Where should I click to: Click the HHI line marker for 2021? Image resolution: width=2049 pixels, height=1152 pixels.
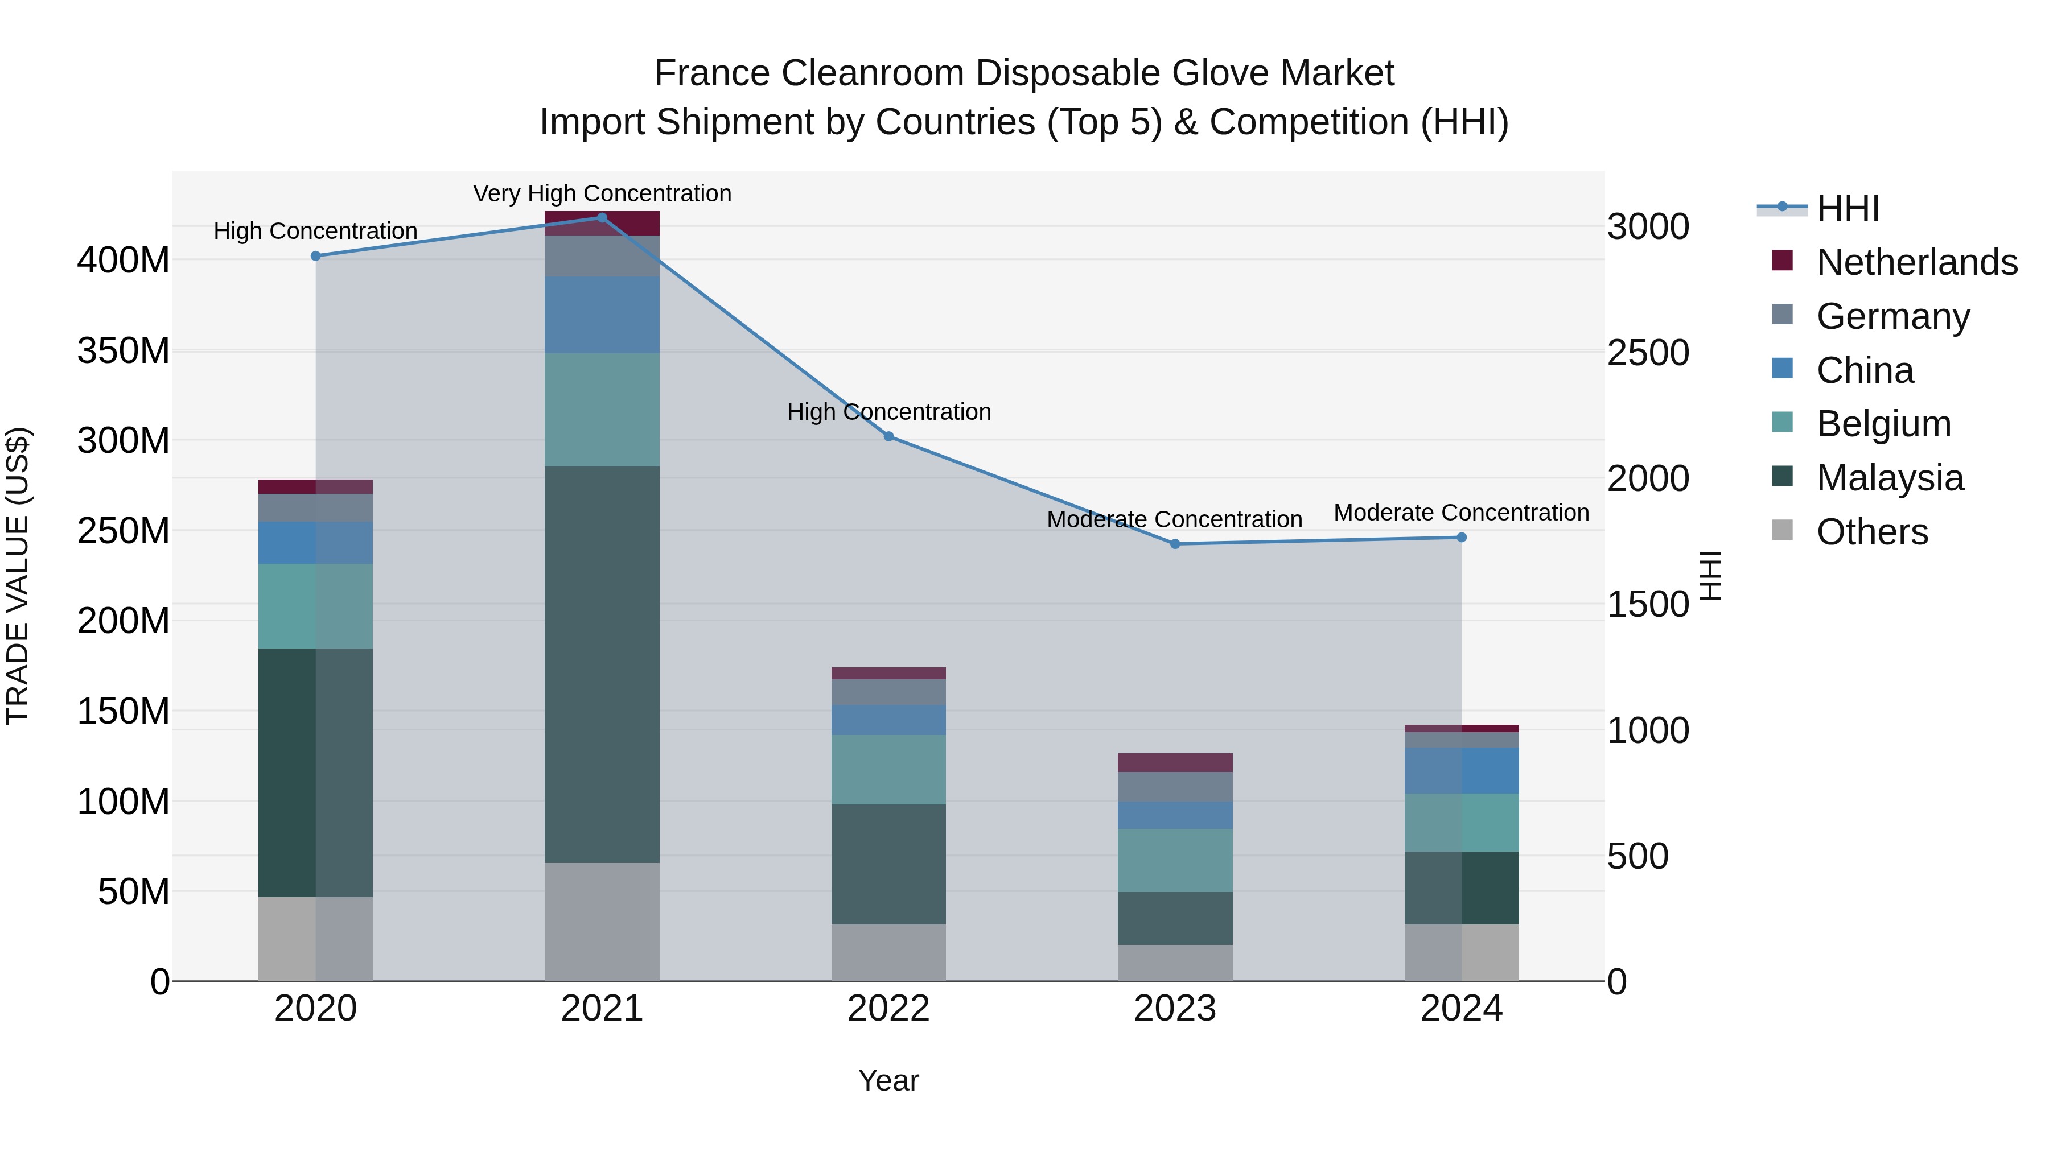(x=602, y=218)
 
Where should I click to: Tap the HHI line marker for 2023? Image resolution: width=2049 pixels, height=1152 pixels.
(x=1175, y=544)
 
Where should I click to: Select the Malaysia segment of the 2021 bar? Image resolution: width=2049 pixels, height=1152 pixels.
(x=602, y=664)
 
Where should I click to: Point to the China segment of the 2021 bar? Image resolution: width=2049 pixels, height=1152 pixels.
(x=602, y=315)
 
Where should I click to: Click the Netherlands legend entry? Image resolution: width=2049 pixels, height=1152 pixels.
(x=1916, y=262)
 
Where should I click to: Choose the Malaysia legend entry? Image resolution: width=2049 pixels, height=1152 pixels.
(x=1889, y=478)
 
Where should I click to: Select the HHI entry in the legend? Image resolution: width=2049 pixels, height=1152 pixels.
(x=1847, y=208)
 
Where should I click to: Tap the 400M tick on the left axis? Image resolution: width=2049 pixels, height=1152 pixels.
(x=124, y=260)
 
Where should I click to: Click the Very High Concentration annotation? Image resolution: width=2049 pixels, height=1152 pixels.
(x=602, y=193)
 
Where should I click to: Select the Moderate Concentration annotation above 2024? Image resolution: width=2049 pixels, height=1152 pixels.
(x=1461, y=513)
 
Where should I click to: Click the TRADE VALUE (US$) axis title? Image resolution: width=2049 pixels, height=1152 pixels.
(x=18, y=576)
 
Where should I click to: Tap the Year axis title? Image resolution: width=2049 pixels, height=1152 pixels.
(x=888, y=1080)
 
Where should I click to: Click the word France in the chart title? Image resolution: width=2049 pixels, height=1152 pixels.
(x=712, y=73)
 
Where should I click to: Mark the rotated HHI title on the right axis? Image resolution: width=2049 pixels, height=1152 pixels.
(x=1710, y=576)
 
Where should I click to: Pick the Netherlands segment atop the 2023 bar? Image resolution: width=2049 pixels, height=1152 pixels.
(x=1175, y=762)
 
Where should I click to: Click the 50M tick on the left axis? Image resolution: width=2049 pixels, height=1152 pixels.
(x=134, y=892)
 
